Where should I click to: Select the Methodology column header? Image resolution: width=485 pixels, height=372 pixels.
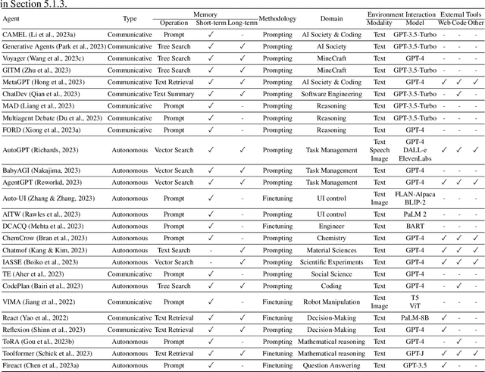277,18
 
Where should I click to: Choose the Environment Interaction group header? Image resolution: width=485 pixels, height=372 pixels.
402,14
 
